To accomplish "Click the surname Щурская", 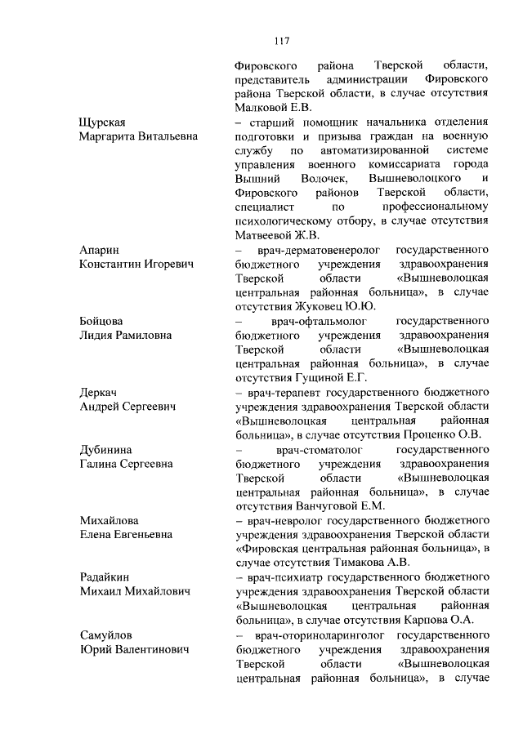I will (104, 122).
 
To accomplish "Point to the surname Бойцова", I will (103, 321).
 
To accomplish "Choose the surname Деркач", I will (100, 392).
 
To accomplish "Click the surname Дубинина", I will (107, 449).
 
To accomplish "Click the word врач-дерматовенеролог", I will (314, 250).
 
